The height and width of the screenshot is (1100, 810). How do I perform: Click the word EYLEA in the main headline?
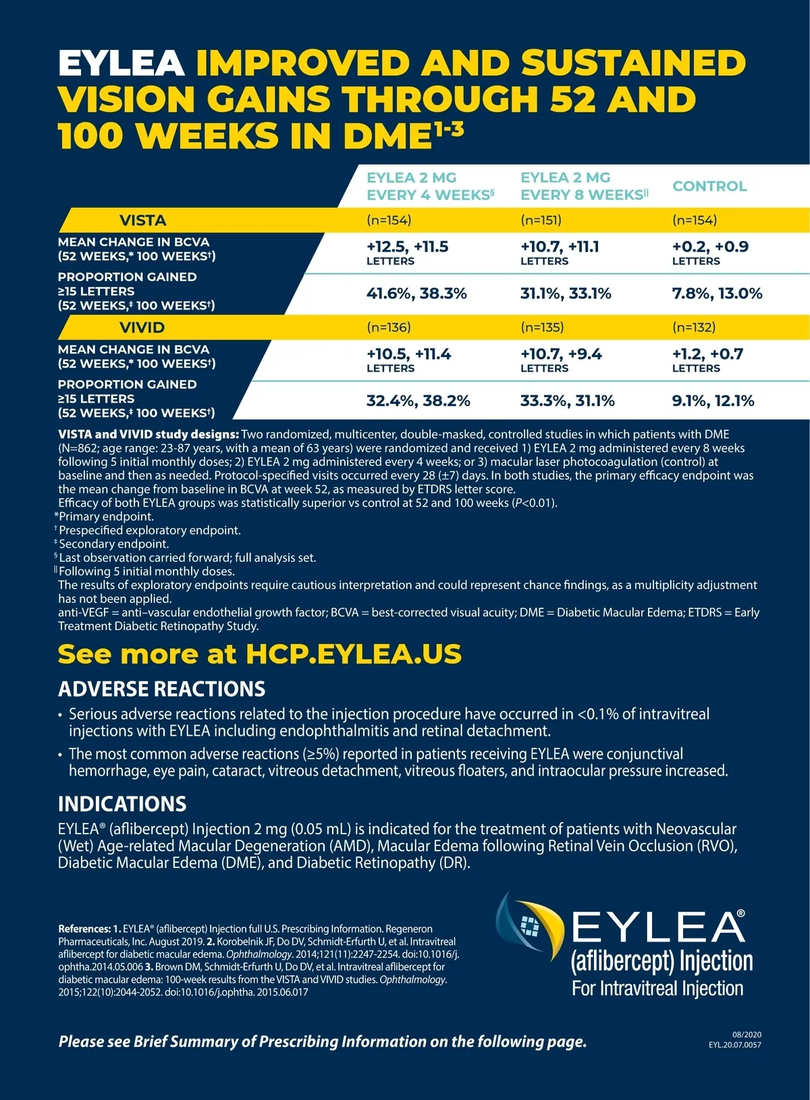pos(122,63)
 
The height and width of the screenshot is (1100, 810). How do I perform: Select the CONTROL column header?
pos(709,186)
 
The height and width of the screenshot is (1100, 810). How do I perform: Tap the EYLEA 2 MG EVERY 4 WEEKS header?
pos(430,186)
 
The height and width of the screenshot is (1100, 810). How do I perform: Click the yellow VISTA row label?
pos(142,221)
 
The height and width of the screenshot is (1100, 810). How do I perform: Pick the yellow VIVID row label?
pos(142,328)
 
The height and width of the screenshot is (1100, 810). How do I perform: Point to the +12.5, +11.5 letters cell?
pos(407,252)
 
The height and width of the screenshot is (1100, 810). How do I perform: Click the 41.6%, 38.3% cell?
pos(416,293)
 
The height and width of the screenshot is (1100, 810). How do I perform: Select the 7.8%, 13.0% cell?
pos(717,293)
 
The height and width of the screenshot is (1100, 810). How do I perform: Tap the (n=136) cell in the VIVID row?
pos(389,328)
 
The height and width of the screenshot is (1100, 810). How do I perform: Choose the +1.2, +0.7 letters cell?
pos(707,359)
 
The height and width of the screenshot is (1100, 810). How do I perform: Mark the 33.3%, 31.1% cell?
pos(567,401)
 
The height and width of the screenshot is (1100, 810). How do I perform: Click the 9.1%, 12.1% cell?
pos(713,401)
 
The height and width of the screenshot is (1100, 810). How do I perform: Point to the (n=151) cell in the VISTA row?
pos(541,221)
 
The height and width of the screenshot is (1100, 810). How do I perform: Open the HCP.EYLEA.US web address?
pos(354,654)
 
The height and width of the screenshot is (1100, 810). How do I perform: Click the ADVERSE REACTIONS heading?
pos(161,689)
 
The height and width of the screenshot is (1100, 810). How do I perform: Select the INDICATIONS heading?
pos(122,804)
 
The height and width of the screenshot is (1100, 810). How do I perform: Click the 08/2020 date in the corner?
pos(747,1035)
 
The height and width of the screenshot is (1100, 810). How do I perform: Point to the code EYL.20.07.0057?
pos(734,1045)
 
